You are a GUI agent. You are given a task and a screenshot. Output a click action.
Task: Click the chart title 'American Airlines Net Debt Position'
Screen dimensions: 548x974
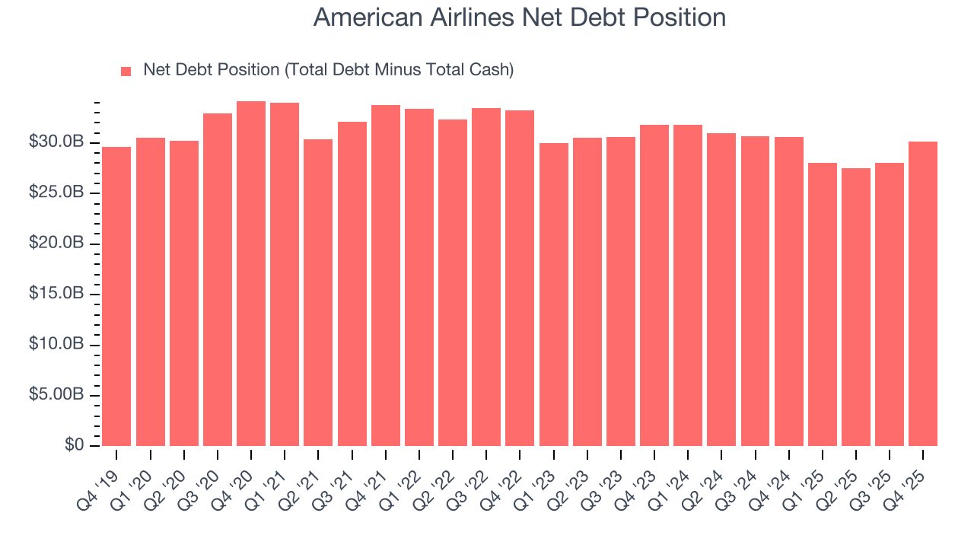pyautogui.click(x=519, y=18)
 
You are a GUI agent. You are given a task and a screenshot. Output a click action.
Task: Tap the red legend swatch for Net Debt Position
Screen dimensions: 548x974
pyautogui.click(x=126, y=72)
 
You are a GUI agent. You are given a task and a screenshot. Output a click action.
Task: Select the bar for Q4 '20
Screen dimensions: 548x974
pyautogui.click(x=251, y=274)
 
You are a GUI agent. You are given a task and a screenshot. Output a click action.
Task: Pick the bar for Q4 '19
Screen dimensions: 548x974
pyautogui.click(x=116, y=296)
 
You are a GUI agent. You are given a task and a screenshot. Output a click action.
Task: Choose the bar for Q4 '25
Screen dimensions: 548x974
pyautogui.click(x=923, y=294)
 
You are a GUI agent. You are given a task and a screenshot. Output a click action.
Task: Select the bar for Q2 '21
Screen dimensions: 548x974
pyautogui.click(x=318, y=292)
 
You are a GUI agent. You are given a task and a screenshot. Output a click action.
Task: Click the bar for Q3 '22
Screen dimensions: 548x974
pyautogui.click(x=486, y=277)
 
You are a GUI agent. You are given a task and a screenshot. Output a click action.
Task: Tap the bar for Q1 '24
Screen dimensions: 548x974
pyautogui.click(x=688, y=285)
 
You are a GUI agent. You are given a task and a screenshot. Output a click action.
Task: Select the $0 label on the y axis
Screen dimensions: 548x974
pyautogui.click(x=75, y=446)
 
